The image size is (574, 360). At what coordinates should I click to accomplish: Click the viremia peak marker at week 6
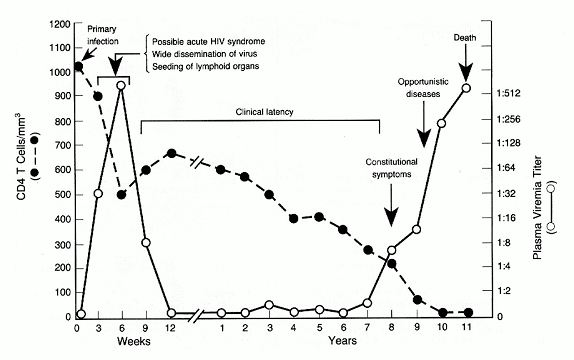(121, 85)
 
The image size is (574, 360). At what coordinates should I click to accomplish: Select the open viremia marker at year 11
(466, 88)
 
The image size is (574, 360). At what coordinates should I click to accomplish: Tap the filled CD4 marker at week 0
(78, 66)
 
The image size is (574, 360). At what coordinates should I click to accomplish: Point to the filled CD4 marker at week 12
(171, 153)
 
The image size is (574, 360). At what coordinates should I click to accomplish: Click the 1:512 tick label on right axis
(508, 93)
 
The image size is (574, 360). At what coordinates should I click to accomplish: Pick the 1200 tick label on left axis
(59, 25)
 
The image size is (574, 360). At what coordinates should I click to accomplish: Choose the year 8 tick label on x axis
(391, 327)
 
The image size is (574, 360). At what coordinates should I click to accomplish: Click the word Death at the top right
(465, 38)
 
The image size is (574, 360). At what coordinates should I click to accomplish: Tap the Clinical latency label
(264, 112)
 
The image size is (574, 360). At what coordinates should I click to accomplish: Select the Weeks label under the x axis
(134, 341)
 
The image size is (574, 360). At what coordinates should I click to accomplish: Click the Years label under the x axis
(342, 341)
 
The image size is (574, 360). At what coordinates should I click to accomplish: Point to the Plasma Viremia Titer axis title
(537, 208)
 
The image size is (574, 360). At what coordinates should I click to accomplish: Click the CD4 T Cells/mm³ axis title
(21, 156)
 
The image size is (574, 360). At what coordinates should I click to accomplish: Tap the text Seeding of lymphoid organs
(206, 67)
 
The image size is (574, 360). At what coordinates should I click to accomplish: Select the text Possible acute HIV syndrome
(208, 41)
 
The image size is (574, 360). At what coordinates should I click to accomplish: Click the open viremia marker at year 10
(441, 123)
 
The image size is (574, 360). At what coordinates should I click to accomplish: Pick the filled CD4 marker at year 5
(319, 217)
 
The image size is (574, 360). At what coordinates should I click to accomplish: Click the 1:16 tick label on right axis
(506, 218)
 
